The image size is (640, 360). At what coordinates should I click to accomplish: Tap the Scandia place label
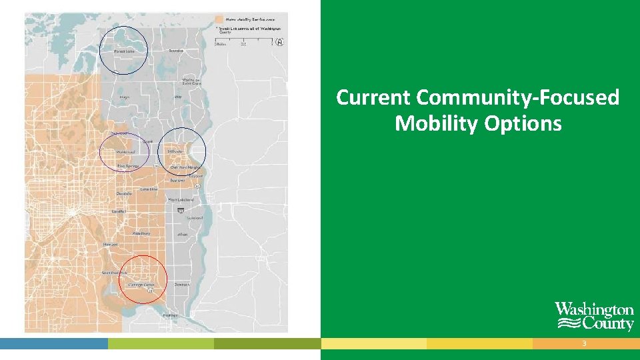pyautogui.click(x=176, y=51)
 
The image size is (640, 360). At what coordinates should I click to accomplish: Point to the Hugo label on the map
pyautogui.click(x=124, y=97)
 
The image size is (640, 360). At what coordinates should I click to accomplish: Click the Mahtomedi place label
pyautogui.click(x=126, y=151)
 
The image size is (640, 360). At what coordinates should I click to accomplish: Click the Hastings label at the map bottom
pyautogui.click(x=170, y=315)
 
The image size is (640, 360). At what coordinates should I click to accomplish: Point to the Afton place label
pyautogui.click(x=182, y=235)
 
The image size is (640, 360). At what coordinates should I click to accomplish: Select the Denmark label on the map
pyautogui.click(x=181, y=284)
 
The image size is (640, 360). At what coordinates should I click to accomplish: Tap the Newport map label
pyautogui.click(x=110, y=244)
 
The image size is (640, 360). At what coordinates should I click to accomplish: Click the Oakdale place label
pyautogui.click(x=124, y=194)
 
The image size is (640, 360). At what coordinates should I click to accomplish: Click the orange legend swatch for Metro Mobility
pyautogui.click(x=219, y=19)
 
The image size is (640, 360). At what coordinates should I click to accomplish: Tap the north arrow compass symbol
pyautogui.click(x=281, y=42)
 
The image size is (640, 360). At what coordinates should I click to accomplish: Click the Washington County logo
pyautogui.click(x=594, y=317)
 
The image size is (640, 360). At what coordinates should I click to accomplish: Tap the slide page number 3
pyautogui.click(x=584, y=343)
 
